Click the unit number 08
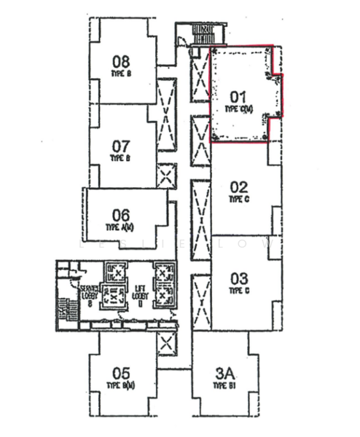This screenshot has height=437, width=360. tap(122, 61)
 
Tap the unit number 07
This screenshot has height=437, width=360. tap(121, 146)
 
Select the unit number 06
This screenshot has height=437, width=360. tap(121, 215)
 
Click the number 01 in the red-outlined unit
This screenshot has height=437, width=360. tap(239, 96)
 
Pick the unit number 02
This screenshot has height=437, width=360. tap(239, 186)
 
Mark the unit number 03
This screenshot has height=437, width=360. tap(239, 278)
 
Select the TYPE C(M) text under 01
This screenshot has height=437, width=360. tap(238, 109)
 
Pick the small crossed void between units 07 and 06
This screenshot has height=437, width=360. tap(167, 176)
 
